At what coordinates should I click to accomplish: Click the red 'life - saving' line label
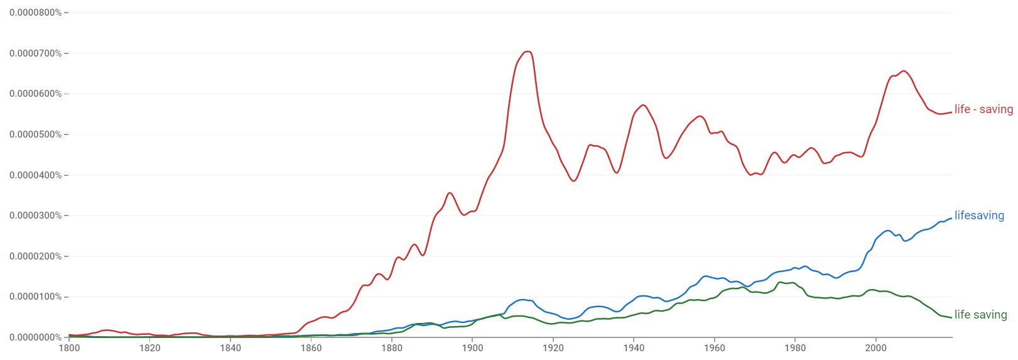click(x=983, y=109)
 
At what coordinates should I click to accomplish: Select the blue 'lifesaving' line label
click(x=979, y=215)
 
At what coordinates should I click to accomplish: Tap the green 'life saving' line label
click(x=980, y=315)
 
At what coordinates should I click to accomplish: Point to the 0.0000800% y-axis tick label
click(x=35, y=13)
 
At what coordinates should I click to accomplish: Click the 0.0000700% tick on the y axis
click(x=35, y=53)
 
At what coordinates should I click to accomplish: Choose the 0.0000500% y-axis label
click(x=35, y=134)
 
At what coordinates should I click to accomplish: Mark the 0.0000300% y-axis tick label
click(x=35, y=215)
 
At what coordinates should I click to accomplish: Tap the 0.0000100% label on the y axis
click(x=35, y=297)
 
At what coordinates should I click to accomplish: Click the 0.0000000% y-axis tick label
click(x=35, y=337)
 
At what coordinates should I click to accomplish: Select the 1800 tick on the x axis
click(x=69, y=348)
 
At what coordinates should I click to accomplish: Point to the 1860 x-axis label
click(x=311, y=348)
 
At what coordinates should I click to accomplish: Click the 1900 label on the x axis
click(x=472, y=348)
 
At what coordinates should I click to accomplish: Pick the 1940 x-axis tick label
click(x=634, y=348)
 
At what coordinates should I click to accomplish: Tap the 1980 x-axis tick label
click(x=795, y=348)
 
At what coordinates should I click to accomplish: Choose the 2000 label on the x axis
click(x=876, y=348)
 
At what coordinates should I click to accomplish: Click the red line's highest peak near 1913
click(x=528, y=52)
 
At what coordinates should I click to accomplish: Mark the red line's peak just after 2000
click(x=904, y=71)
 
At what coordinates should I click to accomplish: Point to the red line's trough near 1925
click(x=573, y=181)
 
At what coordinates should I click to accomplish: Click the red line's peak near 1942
click(x=642, y=105)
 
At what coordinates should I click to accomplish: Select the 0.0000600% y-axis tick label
click(x=35, y=94)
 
